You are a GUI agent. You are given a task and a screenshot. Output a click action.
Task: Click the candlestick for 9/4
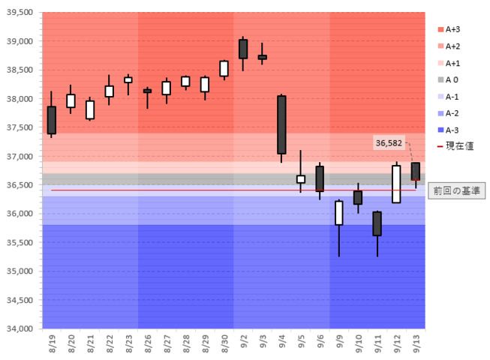281,124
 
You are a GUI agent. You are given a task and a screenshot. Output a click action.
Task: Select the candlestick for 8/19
51,120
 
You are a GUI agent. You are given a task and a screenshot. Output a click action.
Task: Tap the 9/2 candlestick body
243,49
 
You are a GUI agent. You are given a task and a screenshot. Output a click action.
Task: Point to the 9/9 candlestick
339,212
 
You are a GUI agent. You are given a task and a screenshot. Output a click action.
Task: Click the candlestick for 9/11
377,223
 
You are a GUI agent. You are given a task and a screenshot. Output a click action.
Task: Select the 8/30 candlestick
224,68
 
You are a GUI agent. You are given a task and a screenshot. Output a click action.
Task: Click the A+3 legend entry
452,30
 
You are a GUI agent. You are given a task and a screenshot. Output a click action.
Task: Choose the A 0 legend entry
452,79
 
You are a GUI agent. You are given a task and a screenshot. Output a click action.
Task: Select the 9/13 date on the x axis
416,344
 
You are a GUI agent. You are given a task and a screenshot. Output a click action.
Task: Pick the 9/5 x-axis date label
301,344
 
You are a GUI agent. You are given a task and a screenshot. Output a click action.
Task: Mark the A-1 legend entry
452,96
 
